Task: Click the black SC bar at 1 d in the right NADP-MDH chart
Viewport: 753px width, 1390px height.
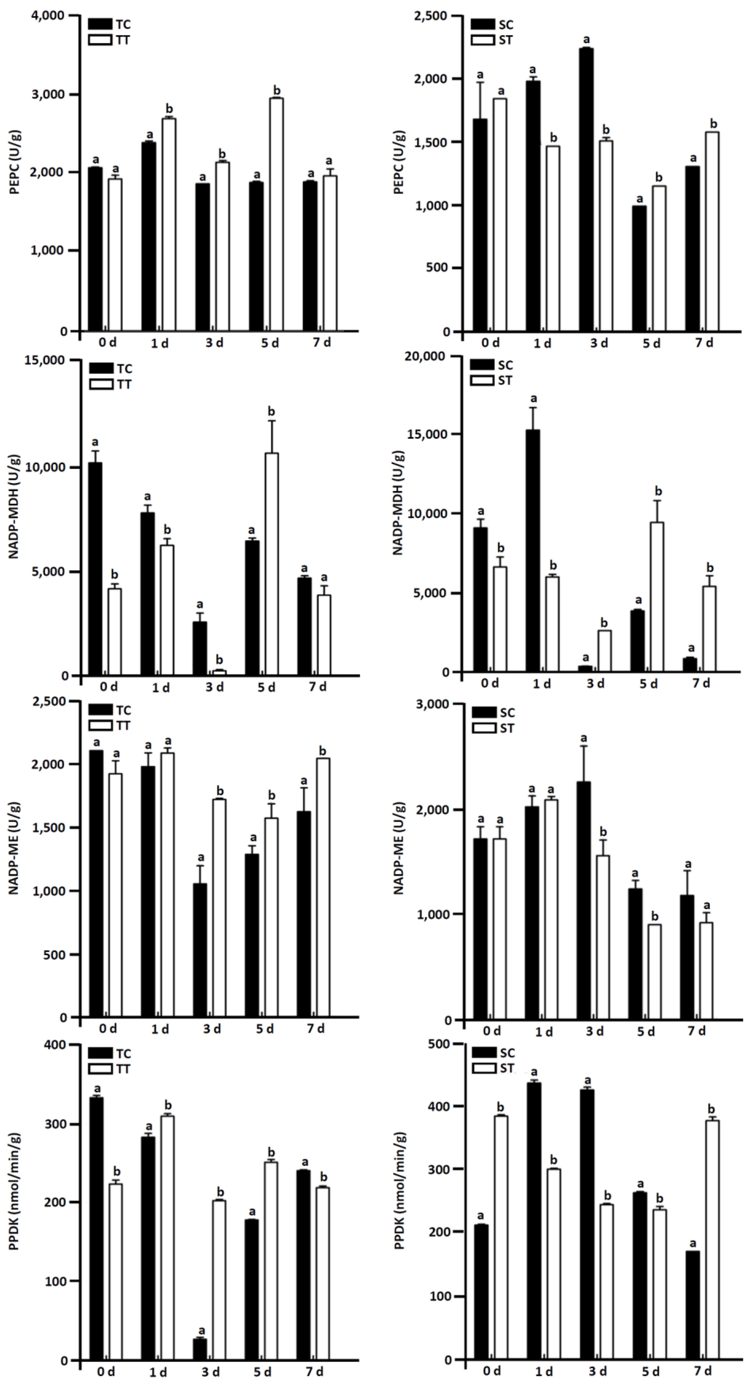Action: (x=532, y=550)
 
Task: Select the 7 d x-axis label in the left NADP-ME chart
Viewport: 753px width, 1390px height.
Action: (x=316, y=1028)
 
